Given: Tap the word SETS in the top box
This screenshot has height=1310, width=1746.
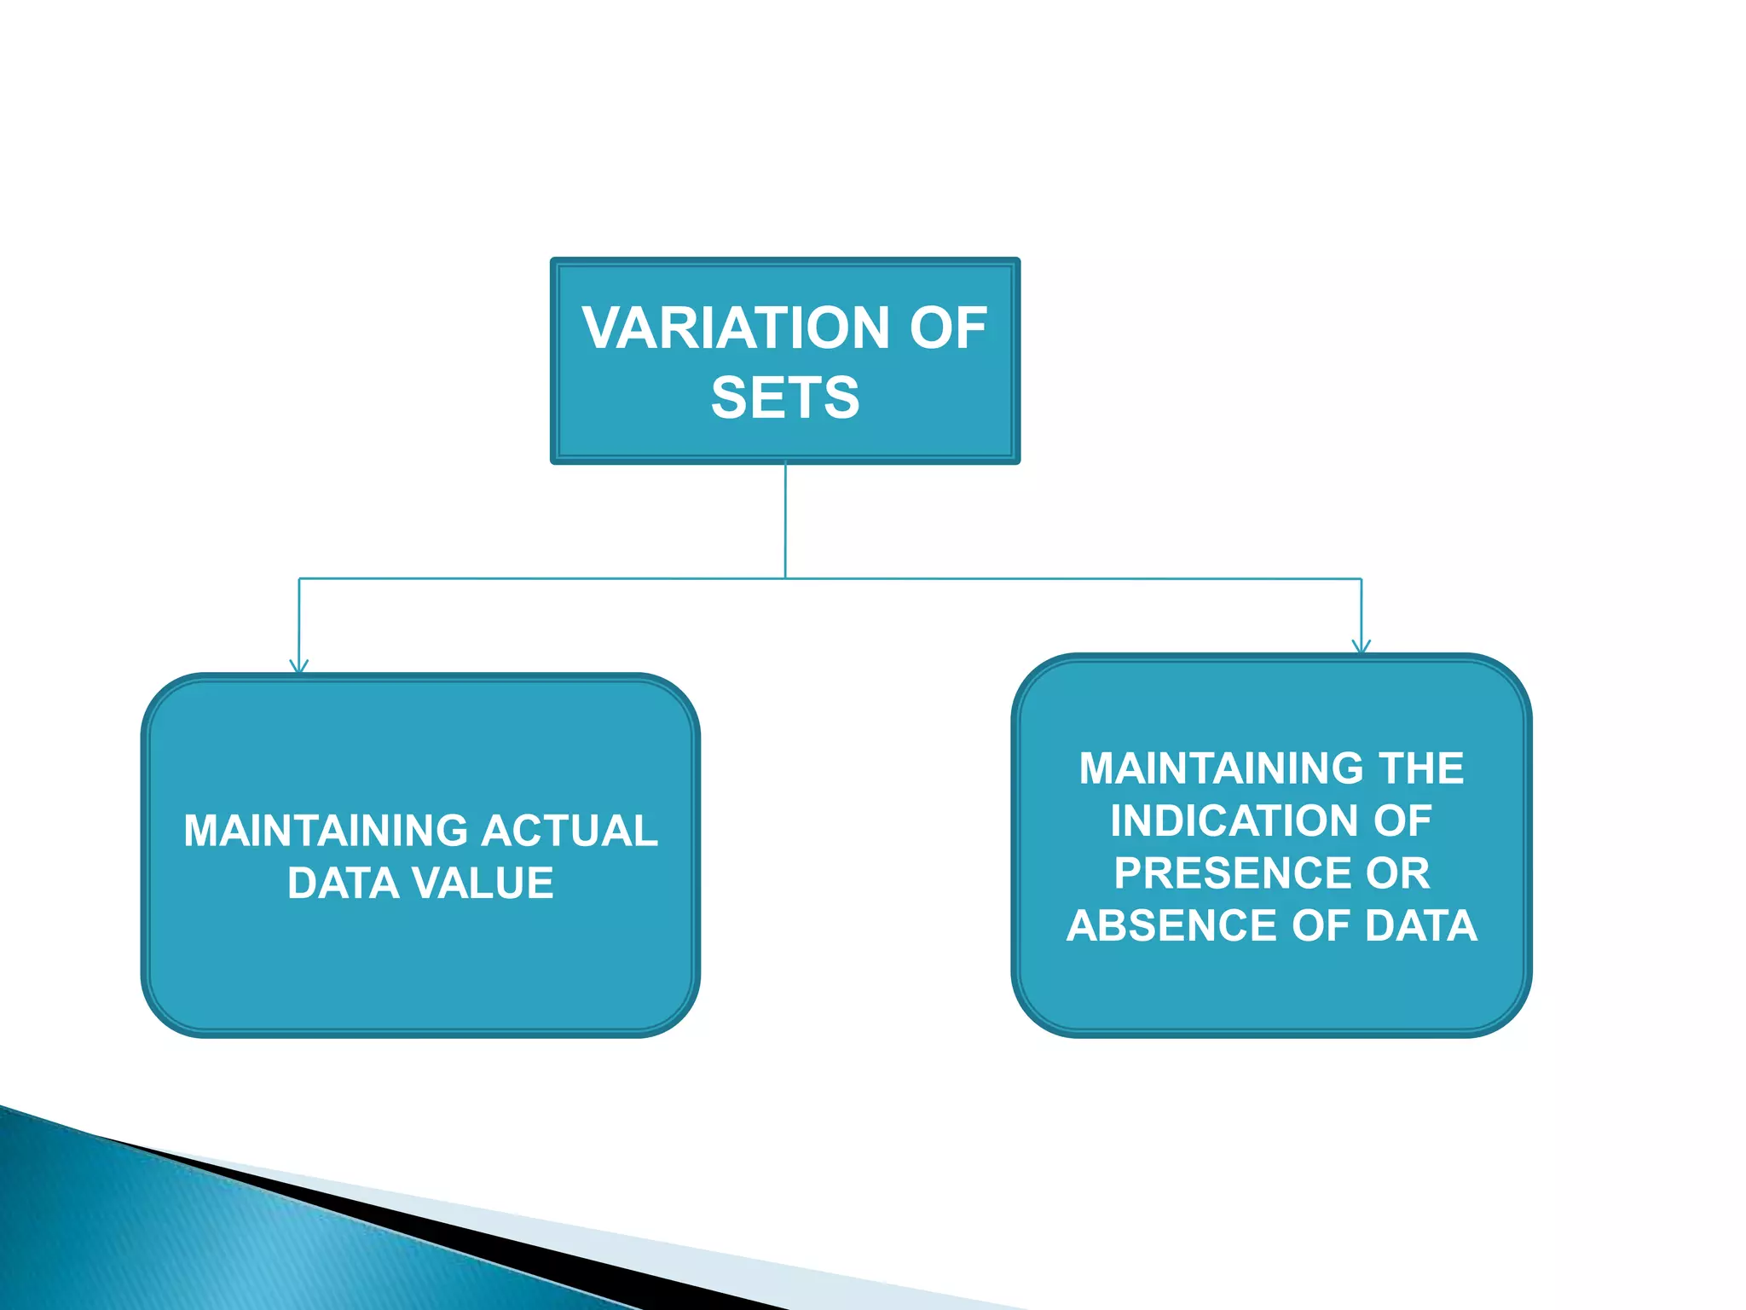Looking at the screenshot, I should coord(785,398).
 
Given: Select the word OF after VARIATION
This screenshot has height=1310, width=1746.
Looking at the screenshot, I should coord(948,328).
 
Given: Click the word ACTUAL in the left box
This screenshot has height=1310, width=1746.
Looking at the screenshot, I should coord(569,832).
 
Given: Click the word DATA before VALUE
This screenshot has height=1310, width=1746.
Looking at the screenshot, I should coord(343,884).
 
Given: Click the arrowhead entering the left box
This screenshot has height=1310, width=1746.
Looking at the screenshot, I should coord(298,665).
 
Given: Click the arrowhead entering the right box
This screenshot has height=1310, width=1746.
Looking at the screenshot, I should coord(1361,646).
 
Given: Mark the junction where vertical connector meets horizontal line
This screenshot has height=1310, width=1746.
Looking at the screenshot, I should coord(785,579).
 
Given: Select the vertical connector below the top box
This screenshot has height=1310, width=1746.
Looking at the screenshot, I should coord(785,520).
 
